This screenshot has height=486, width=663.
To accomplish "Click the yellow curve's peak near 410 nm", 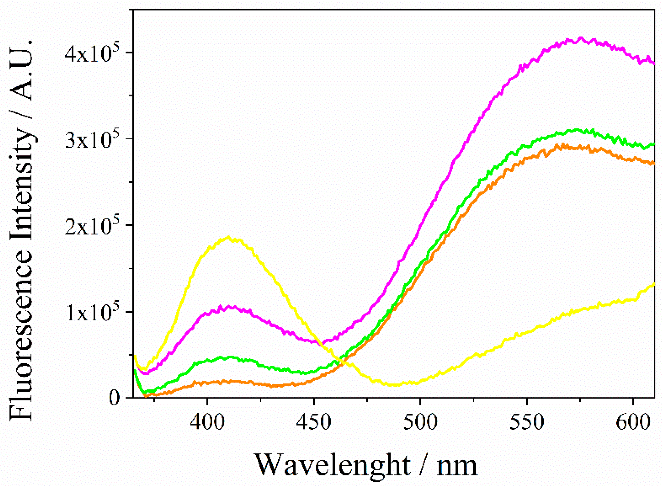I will [x=228, y=237].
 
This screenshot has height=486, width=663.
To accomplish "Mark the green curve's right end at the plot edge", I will [x=653, y=144].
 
